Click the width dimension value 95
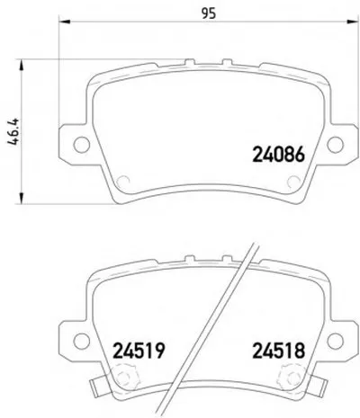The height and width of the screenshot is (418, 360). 209,13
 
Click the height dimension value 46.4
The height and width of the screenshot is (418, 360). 13,132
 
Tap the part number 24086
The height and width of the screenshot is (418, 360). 279,155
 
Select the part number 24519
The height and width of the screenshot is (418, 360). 139,351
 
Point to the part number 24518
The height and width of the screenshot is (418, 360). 279,351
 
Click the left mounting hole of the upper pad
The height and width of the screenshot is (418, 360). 82,145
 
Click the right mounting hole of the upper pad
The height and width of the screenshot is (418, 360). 335,145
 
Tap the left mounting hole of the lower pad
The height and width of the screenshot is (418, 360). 82,341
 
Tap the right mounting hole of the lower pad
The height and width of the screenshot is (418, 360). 335,341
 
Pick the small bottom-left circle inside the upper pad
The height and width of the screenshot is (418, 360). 122,182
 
